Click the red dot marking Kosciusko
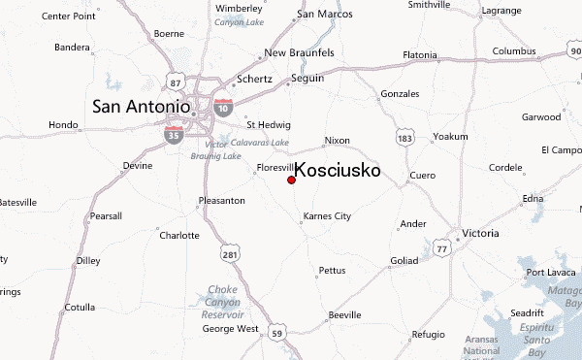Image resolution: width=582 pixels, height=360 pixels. tap(291, 180)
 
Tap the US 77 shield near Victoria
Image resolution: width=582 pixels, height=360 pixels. tap(442, 248)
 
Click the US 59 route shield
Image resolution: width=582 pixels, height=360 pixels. tap(277, 334)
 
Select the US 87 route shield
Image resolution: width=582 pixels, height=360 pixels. tap(176, 77)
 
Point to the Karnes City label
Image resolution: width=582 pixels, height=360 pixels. tap(327, 215)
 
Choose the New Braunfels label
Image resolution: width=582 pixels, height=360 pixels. tap(298, 52)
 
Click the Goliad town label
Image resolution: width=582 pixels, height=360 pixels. tap(404, 260)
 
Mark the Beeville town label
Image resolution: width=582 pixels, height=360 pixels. tap(344, 315)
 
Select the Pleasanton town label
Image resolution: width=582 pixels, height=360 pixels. tap(220, 201)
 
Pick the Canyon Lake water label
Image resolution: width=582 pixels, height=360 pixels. tap(238, 22)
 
